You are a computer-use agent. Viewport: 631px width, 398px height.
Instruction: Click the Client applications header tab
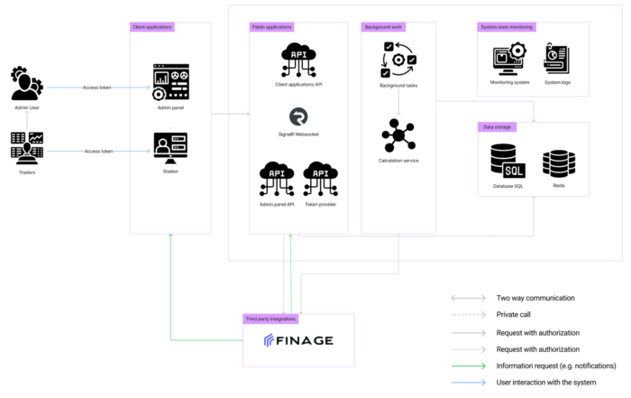point(152,27)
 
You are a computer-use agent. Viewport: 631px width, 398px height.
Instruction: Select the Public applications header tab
point(272,27)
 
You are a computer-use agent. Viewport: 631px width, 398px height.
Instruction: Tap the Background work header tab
point(384,27)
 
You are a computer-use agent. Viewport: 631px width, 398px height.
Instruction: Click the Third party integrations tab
point(270,319)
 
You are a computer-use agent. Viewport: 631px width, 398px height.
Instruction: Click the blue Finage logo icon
point(269,340)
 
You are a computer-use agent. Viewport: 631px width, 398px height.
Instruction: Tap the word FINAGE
point(306,340)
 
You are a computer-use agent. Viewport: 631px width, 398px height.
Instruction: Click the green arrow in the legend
point(468,366)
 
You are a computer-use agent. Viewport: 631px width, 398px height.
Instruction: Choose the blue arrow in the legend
point(468,383)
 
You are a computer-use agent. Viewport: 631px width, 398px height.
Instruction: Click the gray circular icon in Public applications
point(297,116)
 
